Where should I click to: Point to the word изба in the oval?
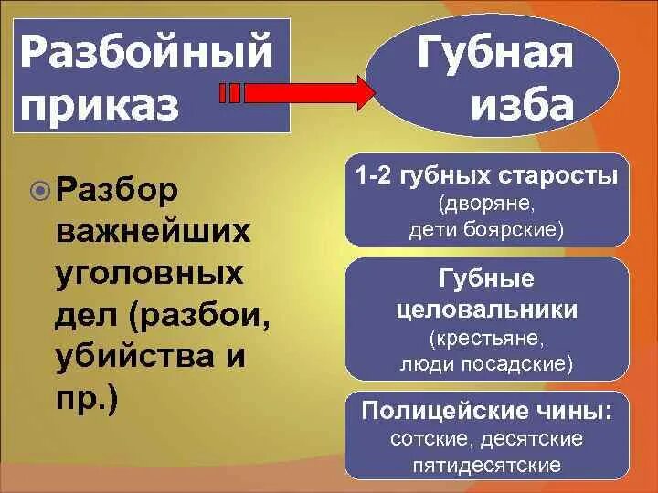click(x=523, y=106)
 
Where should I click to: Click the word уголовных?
click(x=148, y=273)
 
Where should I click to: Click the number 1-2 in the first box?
click(x=378, y=174)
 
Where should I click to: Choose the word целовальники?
click(x=487, y=309)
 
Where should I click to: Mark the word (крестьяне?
click(x=487, y=339)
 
